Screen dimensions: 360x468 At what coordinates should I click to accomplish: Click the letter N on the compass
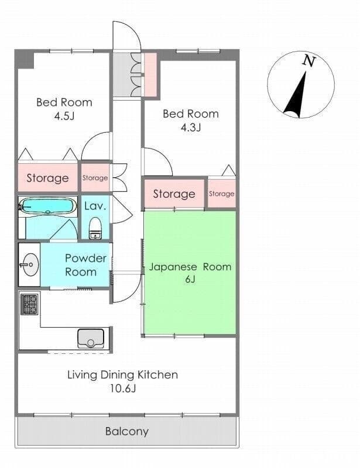pyautogui.click(x=309, y=61)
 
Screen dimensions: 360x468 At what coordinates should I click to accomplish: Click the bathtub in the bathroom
pyautogui.click(x=48, y=206)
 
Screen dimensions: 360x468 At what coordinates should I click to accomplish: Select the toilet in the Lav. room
pyautogui.click(x=95, y=228)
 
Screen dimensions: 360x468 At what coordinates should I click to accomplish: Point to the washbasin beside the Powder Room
pyautogui.click(x=30, y=264)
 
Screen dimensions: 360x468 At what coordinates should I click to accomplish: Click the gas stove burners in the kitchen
pyautogui.click(x=30, y=304)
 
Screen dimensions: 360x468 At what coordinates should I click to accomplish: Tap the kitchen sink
pyautogui.click(x=91, y=339)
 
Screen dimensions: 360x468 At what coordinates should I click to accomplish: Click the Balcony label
pyautogui.click(x=127, y=431)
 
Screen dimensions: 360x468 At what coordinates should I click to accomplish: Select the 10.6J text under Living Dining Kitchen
pyautogui.click(x=123, y=388)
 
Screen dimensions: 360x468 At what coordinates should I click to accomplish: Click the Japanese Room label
pyautogui.click(x=190, y=267)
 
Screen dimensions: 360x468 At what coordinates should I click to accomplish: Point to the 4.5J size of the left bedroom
pyautogui.click(x=64, y=116)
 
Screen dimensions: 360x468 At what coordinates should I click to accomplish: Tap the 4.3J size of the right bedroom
pyautogui.click(x=191, y=128)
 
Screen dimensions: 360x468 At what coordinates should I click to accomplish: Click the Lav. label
pyautogui.click(x=95, y=206)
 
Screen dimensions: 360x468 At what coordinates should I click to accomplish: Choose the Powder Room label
pyautogui.click(x=85, y=265)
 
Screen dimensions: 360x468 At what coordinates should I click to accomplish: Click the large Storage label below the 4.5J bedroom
pyautogui.click(x=47, y=178)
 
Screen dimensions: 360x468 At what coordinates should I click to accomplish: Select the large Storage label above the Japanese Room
pyautogui.click(x=174, y=194)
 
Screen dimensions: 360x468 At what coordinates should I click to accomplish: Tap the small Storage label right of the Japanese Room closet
pyautogui.click(x=221, y=194)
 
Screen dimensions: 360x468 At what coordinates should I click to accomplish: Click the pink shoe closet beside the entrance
pyautogui.click(x=150, y=75)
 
